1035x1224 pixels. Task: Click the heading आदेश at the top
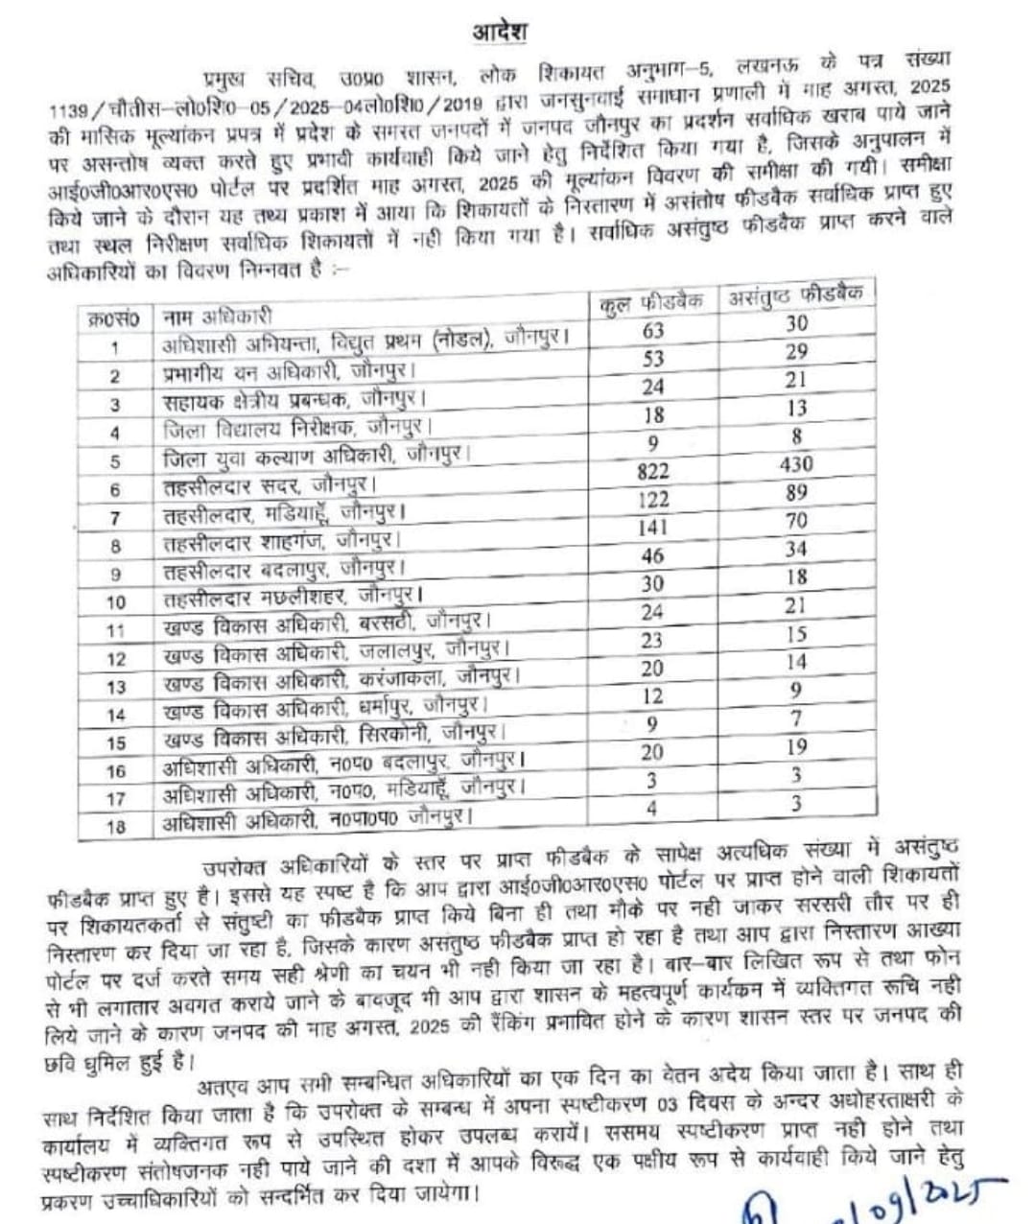[x=499, y=32]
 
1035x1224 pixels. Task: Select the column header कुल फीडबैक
[x=651, y=301]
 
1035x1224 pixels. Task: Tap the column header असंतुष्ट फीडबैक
[x=795, y=294]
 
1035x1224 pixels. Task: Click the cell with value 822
[x=652, y=471]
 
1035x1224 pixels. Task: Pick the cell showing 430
[x=796, y=464]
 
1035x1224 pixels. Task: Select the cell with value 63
[x=653, y=331]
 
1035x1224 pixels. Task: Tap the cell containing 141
[x=652, y=528]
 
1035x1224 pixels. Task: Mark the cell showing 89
[x=796, y=493]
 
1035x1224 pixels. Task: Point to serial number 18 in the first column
[x=116, y=826]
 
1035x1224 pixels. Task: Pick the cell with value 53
[x=653, y=359]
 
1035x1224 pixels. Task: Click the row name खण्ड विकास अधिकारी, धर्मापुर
[x=327, y=709]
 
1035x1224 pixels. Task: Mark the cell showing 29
[x=796, y=352]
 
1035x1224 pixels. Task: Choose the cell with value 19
[x=796, y=747]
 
